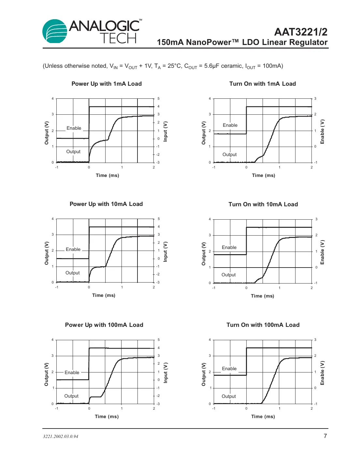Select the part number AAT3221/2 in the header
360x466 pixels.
pos(300,32)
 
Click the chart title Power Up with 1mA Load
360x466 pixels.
pos(107,84)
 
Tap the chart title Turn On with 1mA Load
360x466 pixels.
pos(263,84)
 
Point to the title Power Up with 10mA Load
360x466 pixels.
pos(106,204)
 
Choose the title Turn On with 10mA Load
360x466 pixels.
pos(263,204)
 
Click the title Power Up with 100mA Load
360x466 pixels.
pos(104,325)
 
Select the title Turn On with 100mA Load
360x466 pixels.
pos(263,325)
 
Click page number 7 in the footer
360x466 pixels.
pos(325,436)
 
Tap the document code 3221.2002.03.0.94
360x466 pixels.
pos(61,437)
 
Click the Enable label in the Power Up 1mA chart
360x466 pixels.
pos(74,128)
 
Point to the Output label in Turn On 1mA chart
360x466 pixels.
pos(229,154)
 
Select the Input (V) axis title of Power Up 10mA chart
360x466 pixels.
pos(166,252)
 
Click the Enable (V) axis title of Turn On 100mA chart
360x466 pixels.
pos(322,373)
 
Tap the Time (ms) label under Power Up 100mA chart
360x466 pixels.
pos(107,416)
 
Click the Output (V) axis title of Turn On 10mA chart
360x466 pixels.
pos(204,254)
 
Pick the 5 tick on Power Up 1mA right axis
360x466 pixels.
pos(159,98)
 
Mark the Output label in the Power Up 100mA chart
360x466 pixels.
pos(71,396)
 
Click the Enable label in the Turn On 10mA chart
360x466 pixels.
pos(229,247)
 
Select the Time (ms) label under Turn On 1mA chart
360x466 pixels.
pos(263,175)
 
